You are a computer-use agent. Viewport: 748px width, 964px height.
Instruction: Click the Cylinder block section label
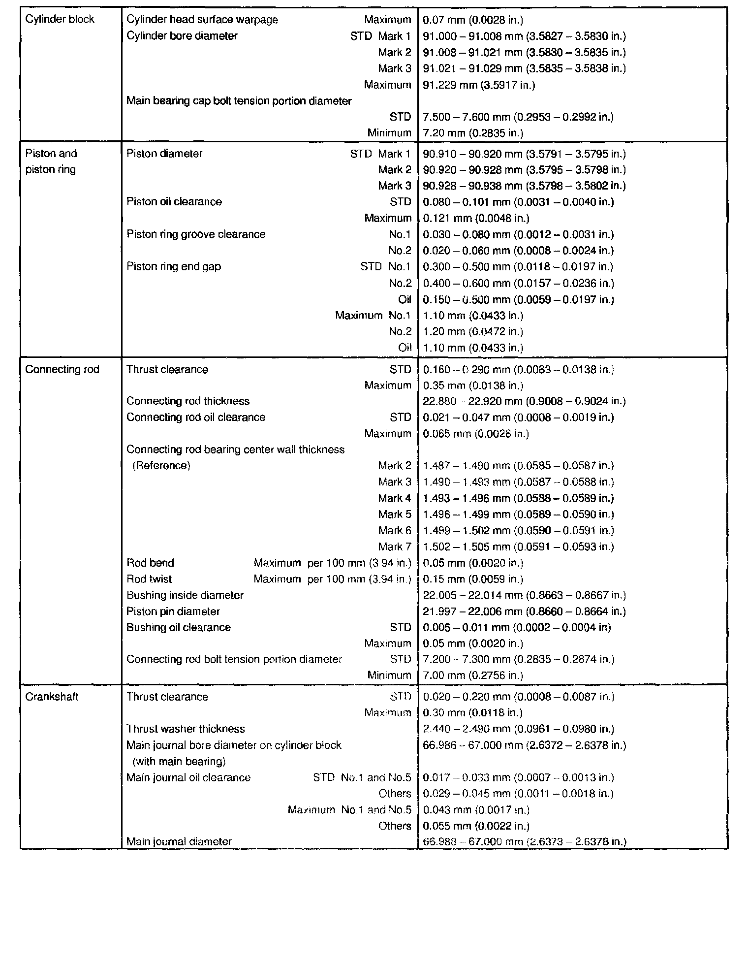(x=60, y=20)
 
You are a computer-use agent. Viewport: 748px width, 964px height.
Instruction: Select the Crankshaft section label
(x=52, y=697)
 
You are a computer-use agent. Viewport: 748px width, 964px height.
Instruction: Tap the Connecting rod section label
(x=62, y=369)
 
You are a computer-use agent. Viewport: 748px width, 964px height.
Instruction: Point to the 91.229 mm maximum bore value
(x=479, y=85)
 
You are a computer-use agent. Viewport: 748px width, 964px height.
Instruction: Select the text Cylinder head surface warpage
(x=202, y=20)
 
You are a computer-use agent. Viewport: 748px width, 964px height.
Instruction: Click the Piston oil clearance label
(x=174, y=202)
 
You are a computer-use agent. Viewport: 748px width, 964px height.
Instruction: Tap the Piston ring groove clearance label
(x=196, y=234)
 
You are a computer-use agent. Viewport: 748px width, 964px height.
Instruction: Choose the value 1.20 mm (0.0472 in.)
(x=473, y=331)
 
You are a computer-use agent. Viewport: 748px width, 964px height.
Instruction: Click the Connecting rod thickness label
(x=188, y=401)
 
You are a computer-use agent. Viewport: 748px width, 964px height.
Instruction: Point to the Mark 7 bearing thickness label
(x=394, y=546)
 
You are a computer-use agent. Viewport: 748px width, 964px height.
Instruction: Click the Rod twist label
(x=149, y=579)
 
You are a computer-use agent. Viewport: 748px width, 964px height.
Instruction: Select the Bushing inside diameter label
(x=185, y=595)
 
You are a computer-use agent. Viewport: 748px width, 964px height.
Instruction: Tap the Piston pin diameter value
(x=524, y=611)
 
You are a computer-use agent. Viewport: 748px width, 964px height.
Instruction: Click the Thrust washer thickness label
(x=186, y=729)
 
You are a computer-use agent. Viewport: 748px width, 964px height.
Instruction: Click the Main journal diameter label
(x=179, y=841)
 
